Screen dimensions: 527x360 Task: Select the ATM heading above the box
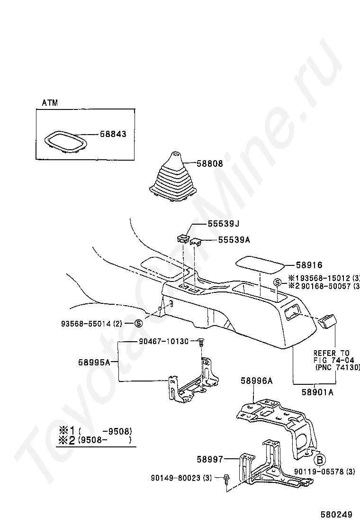(50, 103)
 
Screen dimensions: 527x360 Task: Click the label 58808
(209, 163)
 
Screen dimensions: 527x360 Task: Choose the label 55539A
(234, 240)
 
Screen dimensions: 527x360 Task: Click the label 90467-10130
(164, 341)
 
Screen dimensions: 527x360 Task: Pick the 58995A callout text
(94, 362)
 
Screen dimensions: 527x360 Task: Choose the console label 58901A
(317, 392)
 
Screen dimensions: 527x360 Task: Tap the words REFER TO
(332, 353)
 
